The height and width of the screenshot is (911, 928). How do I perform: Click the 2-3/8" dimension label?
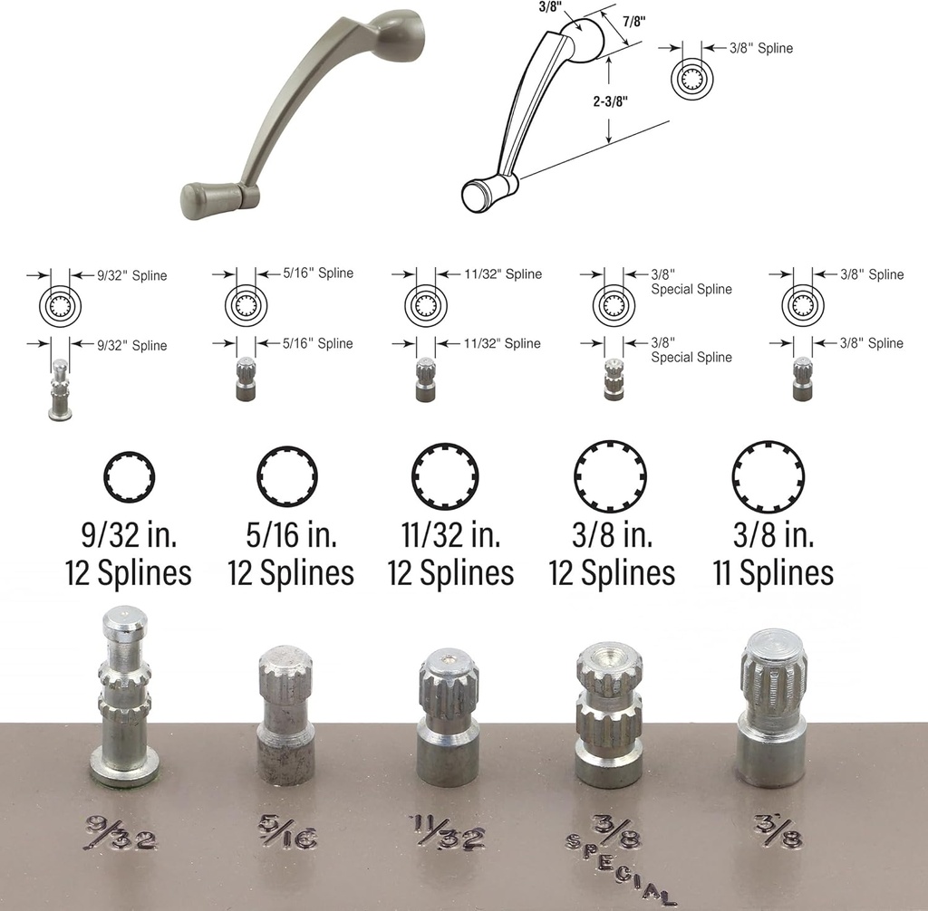[x=610, y=101]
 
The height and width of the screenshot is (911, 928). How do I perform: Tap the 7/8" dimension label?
[x=633, y=22]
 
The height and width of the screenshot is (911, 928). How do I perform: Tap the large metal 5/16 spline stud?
[x=285, y=714]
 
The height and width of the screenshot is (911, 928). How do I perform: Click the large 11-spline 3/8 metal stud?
[x=773, y=707]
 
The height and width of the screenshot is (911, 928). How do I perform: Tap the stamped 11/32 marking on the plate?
[x=448, y=832]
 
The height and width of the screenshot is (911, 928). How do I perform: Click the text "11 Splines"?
[x=773, y=572]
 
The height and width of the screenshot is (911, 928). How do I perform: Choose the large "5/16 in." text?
[x=291, y=534]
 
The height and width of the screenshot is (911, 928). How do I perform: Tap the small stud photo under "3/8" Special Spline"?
[x=614, y=379]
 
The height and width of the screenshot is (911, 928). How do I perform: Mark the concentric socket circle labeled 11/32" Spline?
[x=426, y=305]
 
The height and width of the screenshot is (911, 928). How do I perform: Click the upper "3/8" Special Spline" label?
[x=691, y=282]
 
